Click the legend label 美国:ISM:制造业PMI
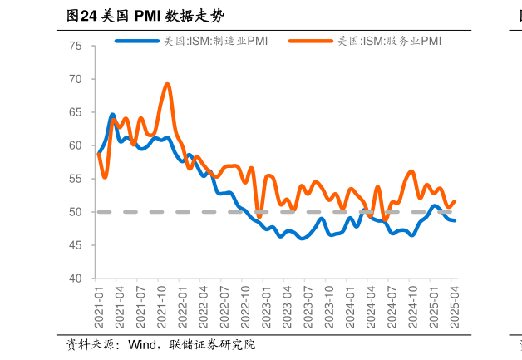[x=216, y=41]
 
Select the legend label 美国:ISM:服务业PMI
[x=389, y=41]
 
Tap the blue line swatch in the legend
[x=136, y=41]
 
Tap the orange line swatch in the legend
[x=310, y=41]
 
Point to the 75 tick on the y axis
[x=76, y=46]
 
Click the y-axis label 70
[x=76, y=79]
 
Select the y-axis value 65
[x=76, y=112]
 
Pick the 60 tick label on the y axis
[x=76, y=145]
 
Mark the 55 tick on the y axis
[x=76, y=179]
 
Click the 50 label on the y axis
[x=76, y=212]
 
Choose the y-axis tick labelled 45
[x=76, y=245]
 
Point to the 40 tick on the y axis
[x=76, y=279]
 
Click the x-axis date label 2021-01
[x=99, y=305]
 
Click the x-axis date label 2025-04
[x=454, y=305]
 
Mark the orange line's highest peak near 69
[x=168, y=84]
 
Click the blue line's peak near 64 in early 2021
[x=112, y=115]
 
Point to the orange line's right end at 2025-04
[x=454, y=201]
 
